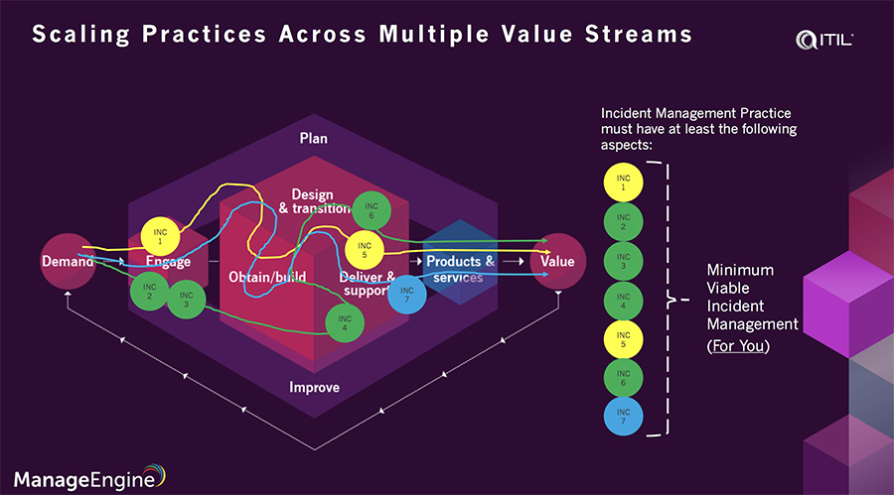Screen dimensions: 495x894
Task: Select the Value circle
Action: coord(557,262)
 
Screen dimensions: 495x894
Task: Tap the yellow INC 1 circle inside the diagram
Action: coord(159,236)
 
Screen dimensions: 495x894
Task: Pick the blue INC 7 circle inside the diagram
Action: coord(404,295)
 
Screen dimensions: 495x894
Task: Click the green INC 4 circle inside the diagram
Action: coord(344,321)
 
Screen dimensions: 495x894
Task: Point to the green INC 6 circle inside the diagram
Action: coord(371,209)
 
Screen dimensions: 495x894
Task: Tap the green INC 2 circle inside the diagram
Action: coord(149,290)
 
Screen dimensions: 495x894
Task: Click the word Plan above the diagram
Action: coord(314,138)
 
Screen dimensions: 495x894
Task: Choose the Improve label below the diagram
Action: coord(314,387)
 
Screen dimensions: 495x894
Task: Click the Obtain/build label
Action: coord(268,277)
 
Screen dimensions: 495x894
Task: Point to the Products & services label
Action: coord(460,269)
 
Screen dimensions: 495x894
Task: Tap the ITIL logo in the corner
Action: coord(825,41)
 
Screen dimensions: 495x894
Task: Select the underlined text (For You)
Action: coord(740,347)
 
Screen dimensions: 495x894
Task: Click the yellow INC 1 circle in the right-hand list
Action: coord(623,182)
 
